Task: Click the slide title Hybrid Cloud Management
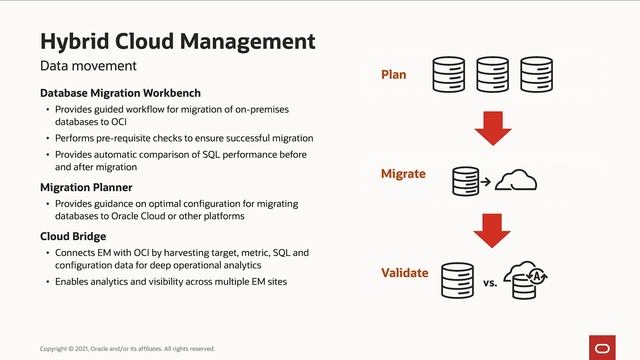(177, 41)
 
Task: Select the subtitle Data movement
(88, 66)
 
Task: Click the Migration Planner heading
(86, 187)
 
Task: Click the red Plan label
(394, 74)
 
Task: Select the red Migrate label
(403, 174)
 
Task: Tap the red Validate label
(405, 273)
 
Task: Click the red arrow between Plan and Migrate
(492, 126)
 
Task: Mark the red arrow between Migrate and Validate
(492, 228)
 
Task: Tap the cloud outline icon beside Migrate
(516, 180)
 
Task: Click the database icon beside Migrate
(465, 181)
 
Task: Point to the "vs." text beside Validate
(490, 284)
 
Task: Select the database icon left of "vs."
(457, 280)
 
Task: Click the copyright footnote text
(127, 348)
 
